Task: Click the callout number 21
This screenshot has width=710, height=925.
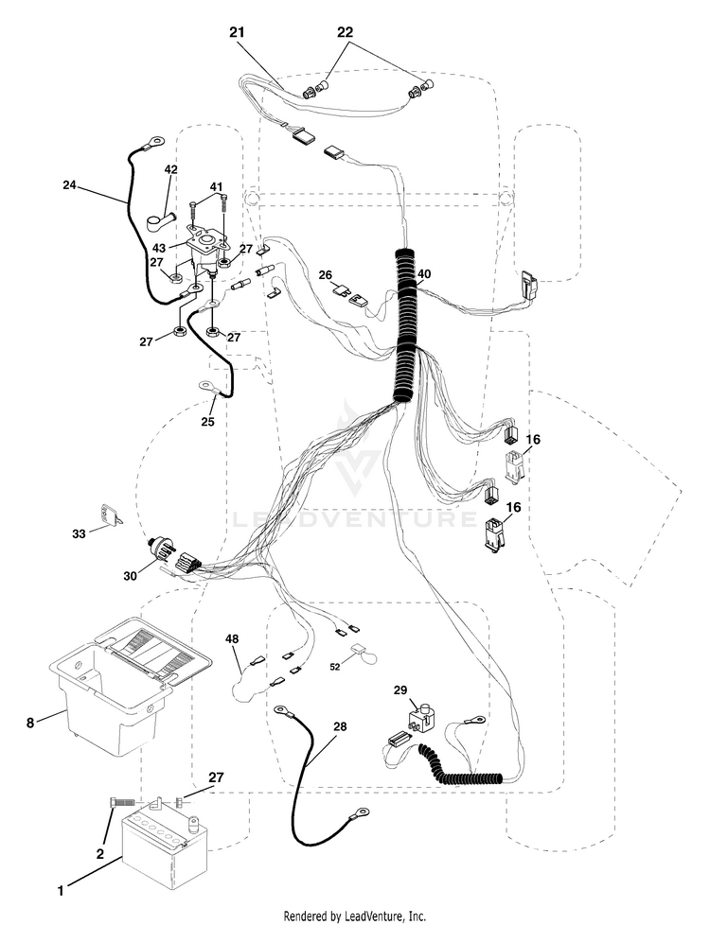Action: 237,32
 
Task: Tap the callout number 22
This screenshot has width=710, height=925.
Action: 345,32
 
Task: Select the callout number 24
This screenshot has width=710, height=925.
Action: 70,184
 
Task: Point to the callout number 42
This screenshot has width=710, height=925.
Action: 170,169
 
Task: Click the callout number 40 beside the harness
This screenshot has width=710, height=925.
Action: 424,273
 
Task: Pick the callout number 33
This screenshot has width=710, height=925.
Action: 79,533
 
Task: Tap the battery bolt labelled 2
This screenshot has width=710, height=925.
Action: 122,803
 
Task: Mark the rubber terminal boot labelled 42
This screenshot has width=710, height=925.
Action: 159,222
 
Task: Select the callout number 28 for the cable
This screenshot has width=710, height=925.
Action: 340,726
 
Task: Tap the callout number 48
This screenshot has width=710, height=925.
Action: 233,638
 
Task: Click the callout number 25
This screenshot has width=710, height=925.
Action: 207,422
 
